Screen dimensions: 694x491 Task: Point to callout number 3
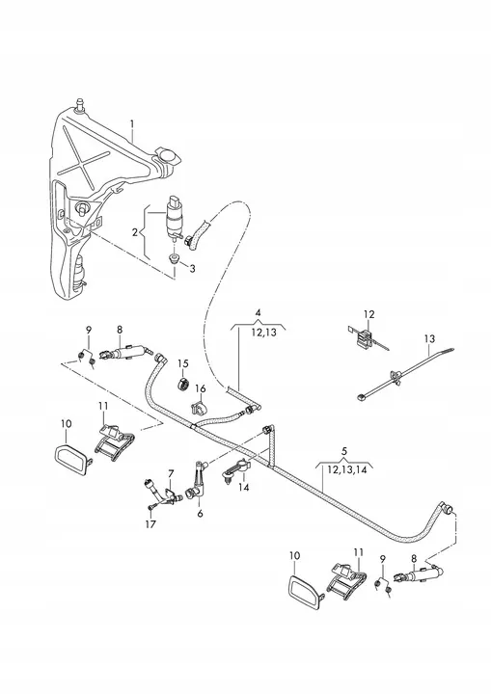pyautogui.click(x=192, y=268)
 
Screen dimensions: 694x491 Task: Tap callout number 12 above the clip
pyautogui.click(x=368, y=313)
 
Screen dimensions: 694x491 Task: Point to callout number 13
pyautogui.click(x=427, y=339)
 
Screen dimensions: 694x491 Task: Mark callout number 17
pyautogui.click(x=150, y=526)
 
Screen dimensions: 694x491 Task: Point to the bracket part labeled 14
pyautogui.click(x=237, y=469)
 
